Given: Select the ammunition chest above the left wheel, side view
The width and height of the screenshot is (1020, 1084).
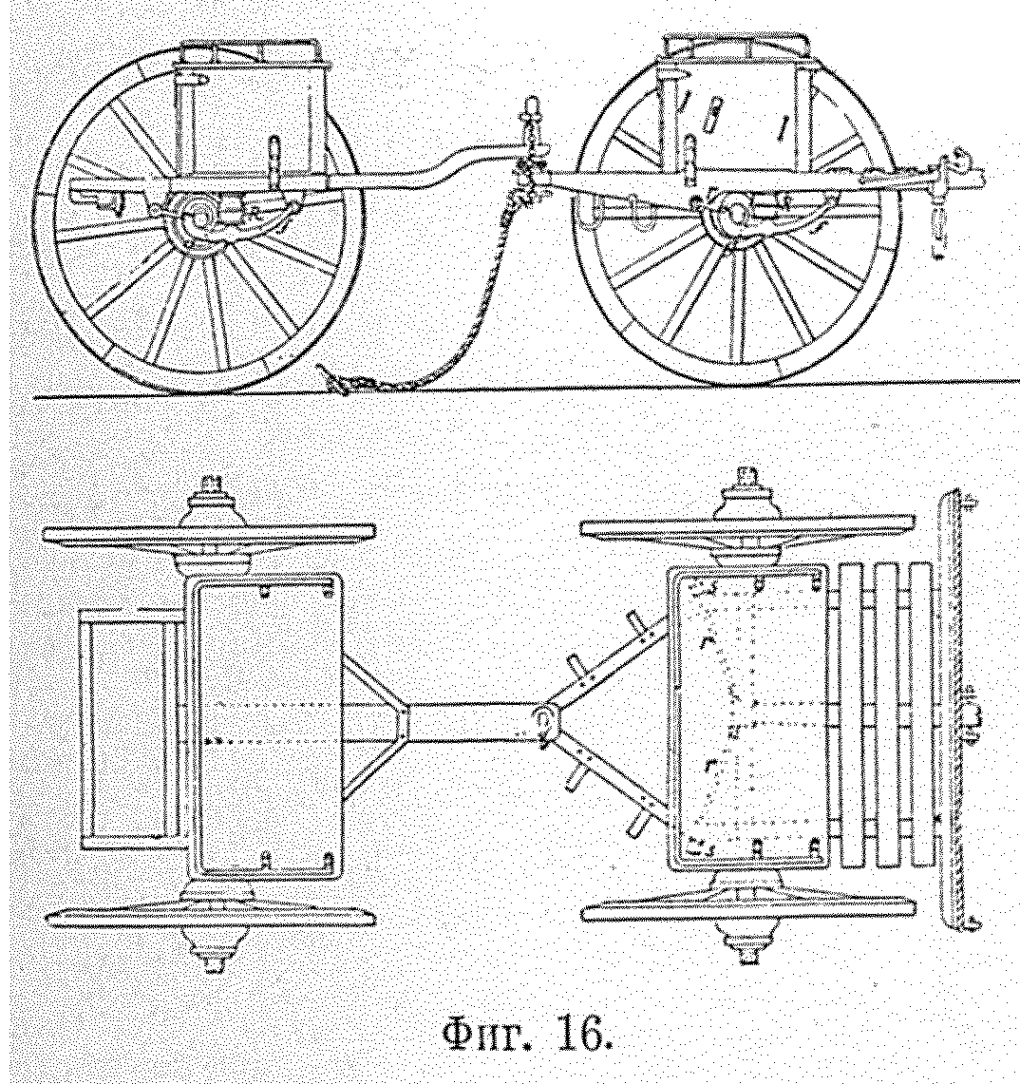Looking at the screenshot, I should click(x=257, y=109).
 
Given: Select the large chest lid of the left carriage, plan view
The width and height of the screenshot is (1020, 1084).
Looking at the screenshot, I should click(x=269, y=727).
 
